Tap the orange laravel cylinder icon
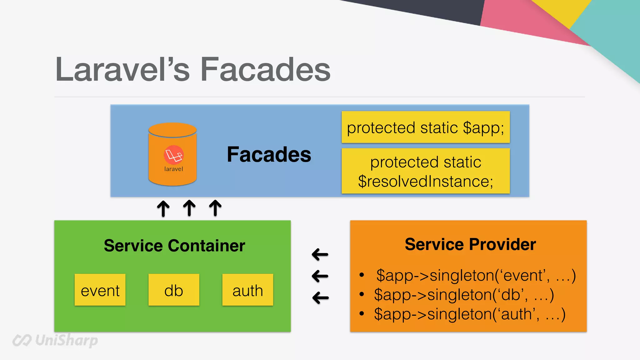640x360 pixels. click(172, 154)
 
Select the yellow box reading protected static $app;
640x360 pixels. click(426, 127)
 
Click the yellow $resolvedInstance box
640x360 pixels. click(426, 171)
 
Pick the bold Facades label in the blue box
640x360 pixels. click(269, 154)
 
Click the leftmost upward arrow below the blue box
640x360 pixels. click(163, 208)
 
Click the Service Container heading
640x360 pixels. click(174, 245)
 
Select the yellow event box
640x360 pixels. click(100, 290)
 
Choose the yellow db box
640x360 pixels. click(174, 290)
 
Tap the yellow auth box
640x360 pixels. click(247, 290)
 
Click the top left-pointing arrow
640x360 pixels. click(320, 254)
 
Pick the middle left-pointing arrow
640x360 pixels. click(320, 276)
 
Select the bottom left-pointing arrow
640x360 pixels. click(320, 297)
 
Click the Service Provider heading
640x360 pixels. click(470, 244)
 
